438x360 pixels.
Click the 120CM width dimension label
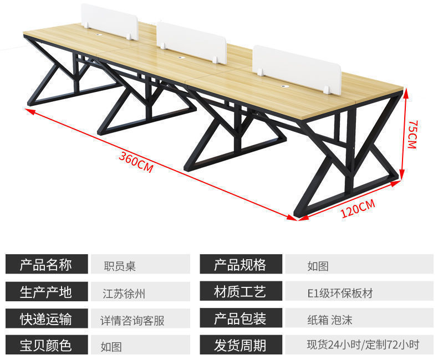(358, 209)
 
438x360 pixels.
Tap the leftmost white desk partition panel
(109, 20)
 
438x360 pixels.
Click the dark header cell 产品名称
(47, 264)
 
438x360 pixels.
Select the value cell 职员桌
(139, 265)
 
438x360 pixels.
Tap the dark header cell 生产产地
(47, 291)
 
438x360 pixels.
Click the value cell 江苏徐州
(139, 292)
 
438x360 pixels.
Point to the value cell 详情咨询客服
(139, 320)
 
